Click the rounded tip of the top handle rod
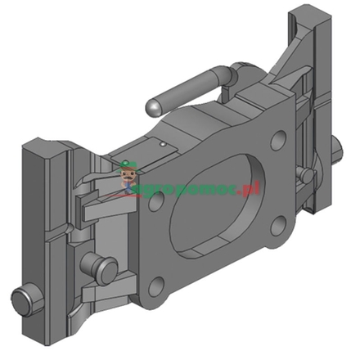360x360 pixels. click(x=152, y=107)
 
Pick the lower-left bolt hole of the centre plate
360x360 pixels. click(x=156, y=287)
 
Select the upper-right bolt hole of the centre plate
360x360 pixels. click(x=277, y=140)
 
